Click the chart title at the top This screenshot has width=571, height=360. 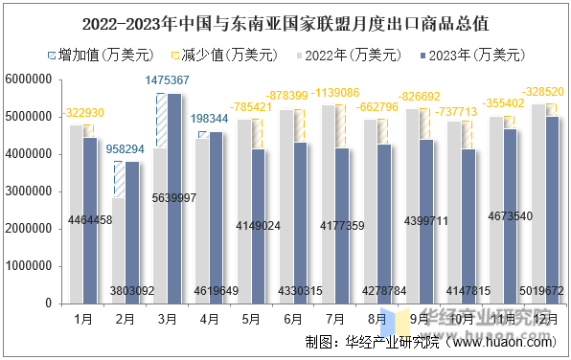pos(285,19)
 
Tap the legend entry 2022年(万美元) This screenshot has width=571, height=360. pos(347,55)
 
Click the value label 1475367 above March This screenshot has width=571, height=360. pos(168,81)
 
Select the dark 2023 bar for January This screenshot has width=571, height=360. pos(90,220)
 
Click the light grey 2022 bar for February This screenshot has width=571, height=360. pos(118,251)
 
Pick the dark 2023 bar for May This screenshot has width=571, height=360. pos(258,226)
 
